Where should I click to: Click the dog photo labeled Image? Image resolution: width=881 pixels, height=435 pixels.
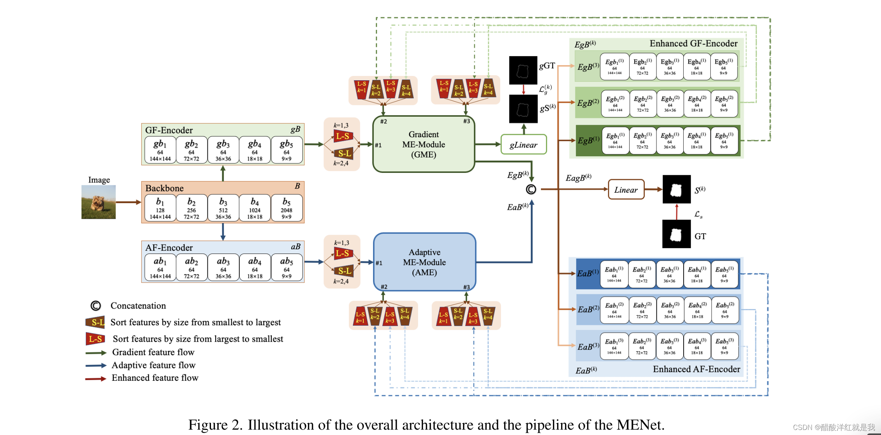98,202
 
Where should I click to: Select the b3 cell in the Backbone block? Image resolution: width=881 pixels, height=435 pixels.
223,208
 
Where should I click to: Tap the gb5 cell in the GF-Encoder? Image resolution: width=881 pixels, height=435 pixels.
286,150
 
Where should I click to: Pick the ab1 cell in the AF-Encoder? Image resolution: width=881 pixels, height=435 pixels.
160,267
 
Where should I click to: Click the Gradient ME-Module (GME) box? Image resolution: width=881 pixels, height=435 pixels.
423,144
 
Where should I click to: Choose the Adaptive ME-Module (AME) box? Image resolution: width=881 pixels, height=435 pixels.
424,262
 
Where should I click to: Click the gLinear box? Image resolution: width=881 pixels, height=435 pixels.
523,145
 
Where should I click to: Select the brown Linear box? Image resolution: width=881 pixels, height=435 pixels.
626,190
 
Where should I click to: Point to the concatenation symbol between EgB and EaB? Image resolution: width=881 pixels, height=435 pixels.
531,189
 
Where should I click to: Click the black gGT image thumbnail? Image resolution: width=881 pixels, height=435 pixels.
523,70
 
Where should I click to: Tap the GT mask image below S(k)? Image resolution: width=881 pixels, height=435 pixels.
676,234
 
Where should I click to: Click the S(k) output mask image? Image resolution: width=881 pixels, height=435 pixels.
676,189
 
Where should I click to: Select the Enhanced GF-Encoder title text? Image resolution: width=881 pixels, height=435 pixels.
693,43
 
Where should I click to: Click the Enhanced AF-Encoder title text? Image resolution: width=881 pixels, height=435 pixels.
696,369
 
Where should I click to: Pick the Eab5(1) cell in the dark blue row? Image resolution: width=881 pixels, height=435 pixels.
724,274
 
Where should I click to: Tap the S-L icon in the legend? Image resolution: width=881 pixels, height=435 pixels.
95,322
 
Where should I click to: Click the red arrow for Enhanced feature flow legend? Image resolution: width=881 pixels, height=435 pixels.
95,379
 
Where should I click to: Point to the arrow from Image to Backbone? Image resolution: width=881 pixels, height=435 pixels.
128,202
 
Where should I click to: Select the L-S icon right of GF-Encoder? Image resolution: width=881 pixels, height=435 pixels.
344,136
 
